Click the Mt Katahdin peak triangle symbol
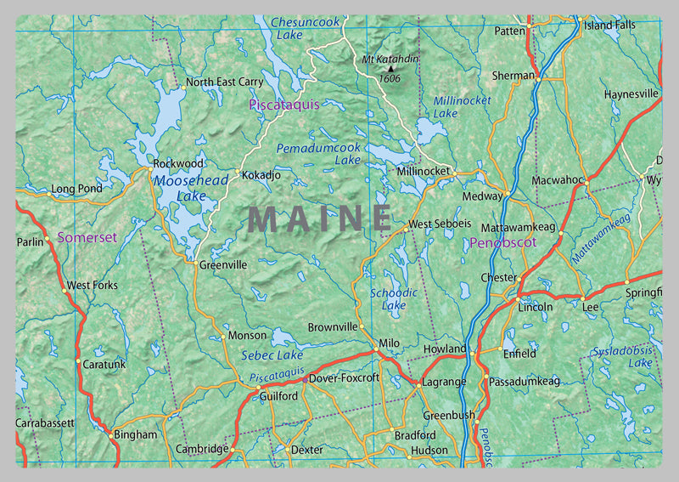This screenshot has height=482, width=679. pos(390,68)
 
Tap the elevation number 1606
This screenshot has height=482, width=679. pos(390,79)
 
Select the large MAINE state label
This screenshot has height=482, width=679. pos(320,219)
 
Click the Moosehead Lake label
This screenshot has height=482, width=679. pos(179,188)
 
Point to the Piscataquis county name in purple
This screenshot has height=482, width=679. pos(283,105)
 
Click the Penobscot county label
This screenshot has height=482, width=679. pos(502,244)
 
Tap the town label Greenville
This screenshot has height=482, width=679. pos(223,265)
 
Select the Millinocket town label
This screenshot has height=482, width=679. pos(424,172)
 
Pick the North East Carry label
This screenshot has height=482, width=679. pos(224,82)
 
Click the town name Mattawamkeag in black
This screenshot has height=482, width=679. pos(518,229)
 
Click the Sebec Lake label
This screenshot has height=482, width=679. pos(272,355)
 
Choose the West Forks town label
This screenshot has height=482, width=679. pos(93,286)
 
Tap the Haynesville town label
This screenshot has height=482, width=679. pos(631,94)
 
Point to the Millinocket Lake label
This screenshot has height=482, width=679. pos(462,107)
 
